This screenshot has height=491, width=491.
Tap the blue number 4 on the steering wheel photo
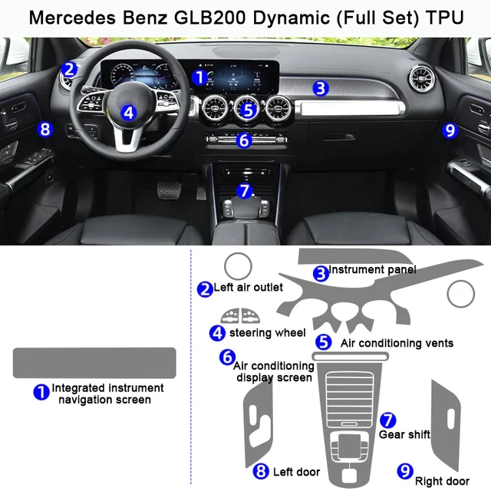(128, 113)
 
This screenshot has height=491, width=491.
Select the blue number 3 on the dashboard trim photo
(321, 89)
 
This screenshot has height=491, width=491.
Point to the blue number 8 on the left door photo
(45, 129)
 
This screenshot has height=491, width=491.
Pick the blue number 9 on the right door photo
(450, 130)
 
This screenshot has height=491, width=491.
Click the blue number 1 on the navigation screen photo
(199, 77)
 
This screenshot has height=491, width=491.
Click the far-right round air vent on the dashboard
(423, 80)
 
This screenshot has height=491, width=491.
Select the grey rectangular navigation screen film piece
(94, 362)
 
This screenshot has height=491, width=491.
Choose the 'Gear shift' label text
(404, 435)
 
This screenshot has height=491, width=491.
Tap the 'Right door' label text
(442, 481)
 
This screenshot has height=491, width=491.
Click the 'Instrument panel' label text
(372, 270)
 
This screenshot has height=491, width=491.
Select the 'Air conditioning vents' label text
(397, 343)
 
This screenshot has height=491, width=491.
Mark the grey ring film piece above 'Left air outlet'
(237, 266)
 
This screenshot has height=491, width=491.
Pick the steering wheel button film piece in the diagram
(240, 315)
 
